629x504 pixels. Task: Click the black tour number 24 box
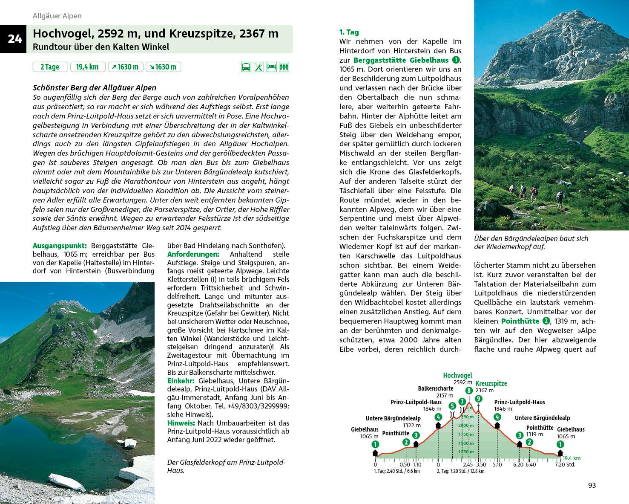[x=14, y=39]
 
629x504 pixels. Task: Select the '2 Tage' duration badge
[x=50, y=67]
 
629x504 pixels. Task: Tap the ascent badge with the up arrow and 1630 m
[x=125, y=67]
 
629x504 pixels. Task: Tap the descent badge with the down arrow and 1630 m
[x=163, y=67]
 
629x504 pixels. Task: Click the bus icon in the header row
[x=246, y=67]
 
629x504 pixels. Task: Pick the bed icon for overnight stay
[x=271, y=67]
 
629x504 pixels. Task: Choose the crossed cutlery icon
[x=258, y=67]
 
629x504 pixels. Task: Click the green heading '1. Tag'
[x=349, y=32]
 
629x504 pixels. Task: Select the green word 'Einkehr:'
[x=181, y=381]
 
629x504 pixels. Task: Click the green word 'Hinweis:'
[x=181, y=423]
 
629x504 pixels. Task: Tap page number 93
[x=592, y=485]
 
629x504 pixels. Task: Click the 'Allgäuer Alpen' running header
[x=57, y=16]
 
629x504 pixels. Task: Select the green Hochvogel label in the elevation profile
[x=457, y=375]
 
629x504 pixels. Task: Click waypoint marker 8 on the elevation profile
[x=469, y=391]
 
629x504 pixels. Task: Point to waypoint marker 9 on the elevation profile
[x=479, y=399]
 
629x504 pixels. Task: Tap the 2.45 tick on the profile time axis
[x=468, y=464]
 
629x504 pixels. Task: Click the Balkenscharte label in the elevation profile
[x=435, y=388]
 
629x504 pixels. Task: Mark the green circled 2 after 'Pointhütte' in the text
[x=546, y=321]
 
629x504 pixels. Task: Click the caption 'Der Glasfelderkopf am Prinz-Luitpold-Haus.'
[x=226, y=466]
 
